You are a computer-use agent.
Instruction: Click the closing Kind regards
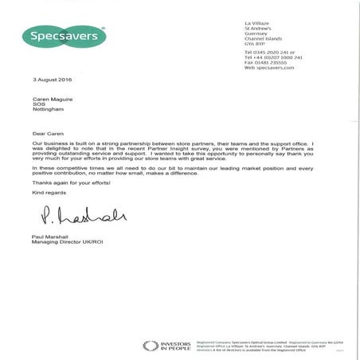coord(48,192)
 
